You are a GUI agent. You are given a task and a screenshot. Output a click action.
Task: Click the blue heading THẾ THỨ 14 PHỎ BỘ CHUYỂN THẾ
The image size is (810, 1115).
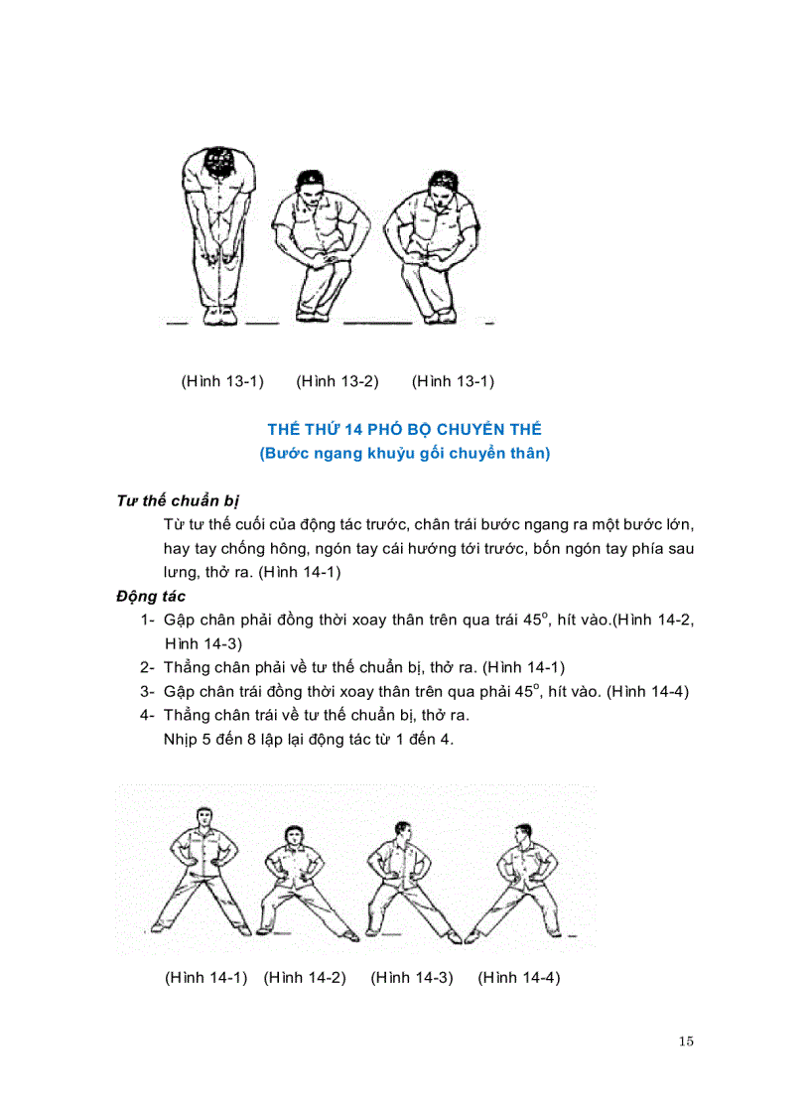coord(405,429)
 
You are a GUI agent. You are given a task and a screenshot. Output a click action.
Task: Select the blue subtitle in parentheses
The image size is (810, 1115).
coord(405,454)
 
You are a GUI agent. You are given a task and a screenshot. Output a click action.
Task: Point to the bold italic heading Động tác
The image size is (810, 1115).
coord(150,596)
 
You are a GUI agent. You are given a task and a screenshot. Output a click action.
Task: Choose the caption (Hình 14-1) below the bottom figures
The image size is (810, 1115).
coord(205,977)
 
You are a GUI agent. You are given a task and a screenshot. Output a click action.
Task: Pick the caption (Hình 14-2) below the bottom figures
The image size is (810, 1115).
coord(305,977)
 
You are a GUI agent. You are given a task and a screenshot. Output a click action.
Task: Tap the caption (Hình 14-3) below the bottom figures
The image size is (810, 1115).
coord(412,977)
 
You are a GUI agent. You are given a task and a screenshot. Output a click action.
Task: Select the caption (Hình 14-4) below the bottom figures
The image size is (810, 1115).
coord(519,977)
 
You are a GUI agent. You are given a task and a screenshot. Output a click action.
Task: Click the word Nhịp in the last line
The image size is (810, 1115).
coord(182,739)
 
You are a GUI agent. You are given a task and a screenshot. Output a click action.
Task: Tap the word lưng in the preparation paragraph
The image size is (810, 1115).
coord(182,572)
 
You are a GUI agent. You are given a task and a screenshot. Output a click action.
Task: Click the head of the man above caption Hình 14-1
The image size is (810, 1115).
coord(204,818)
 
